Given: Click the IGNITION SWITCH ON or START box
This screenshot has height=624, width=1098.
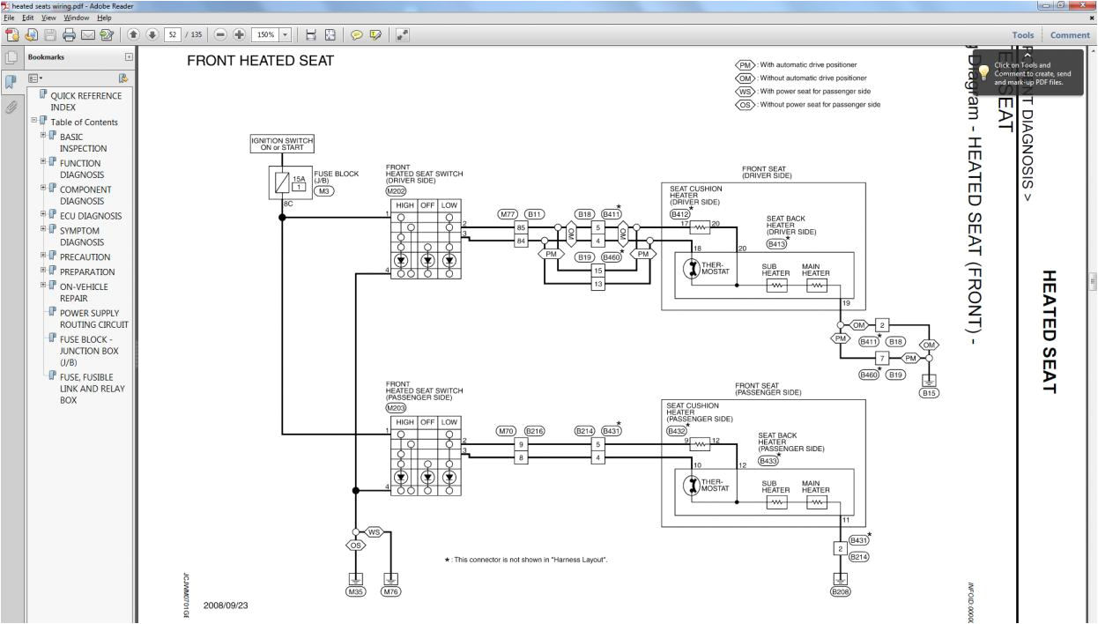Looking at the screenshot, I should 282,144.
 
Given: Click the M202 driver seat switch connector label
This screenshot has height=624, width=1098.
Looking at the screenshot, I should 396,190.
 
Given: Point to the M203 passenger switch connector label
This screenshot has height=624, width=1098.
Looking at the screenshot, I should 396,408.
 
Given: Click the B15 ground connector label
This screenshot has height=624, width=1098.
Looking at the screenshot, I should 929,393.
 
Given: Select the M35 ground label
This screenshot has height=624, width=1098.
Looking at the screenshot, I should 355,592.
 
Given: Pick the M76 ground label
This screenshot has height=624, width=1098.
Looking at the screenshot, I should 390,592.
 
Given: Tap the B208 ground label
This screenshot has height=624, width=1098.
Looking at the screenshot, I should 841,592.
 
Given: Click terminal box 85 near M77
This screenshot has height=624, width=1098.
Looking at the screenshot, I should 521,227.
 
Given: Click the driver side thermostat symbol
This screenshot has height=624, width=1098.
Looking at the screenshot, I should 692,268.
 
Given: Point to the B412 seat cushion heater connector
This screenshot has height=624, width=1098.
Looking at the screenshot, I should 679,214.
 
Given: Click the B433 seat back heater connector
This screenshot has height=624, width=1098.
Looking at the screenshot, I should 768,460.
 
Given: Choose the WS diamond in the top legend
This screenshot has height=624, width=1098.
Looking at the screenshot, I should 746,91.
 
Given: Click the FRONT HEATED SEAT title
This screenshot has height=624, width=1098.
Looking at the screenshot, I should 260,61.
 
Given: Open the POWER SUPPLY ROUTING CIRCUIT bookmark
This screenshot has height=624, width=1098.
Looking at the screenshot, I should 93,318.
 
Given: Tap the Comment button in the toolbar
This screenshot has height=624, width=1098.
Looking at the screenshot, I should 1070,35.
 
